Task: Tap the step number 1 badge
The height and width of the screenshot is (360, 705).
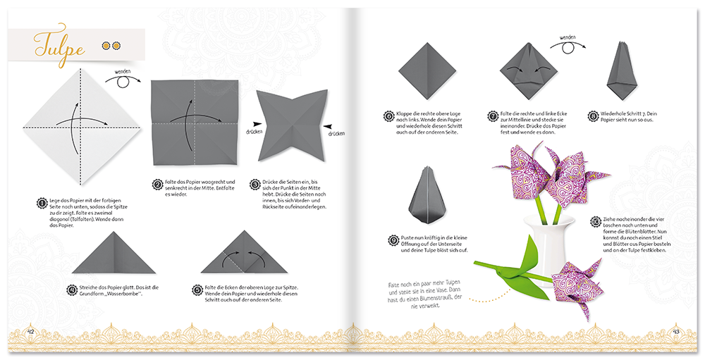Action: pos(42,203)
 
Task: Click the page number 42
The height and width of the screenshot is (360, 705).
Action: pos(30,331)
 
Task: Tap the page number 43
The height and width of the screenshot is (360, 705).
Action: pos(675,331)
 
